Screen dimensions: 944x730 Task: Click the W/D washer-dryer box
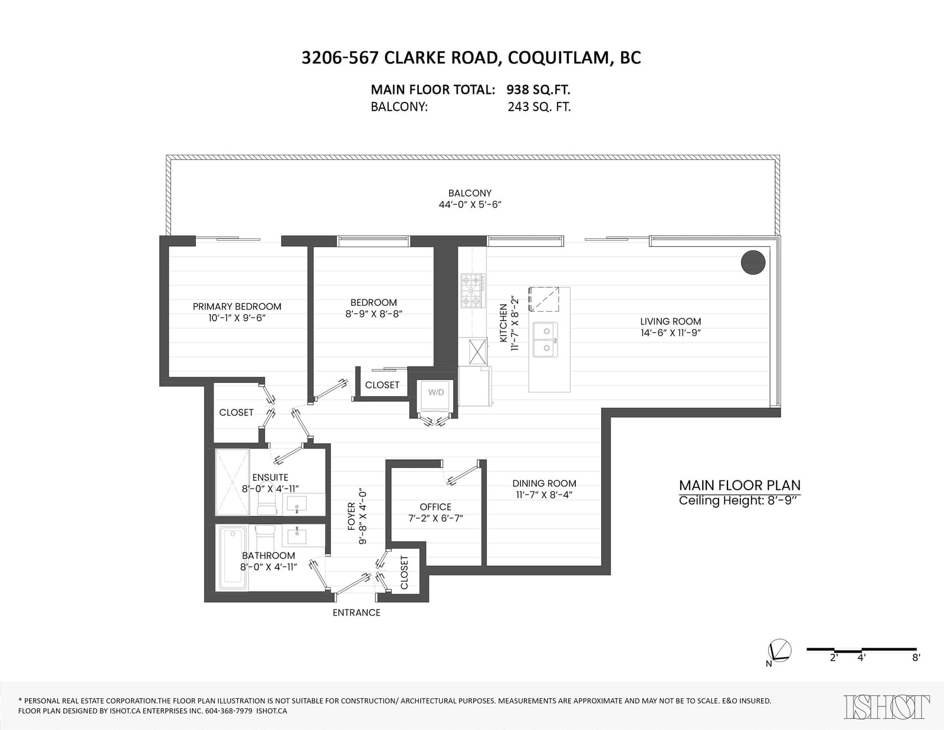click(x=436, y=396)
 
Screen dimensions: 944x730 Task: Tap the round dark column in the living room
click(x=753, y=263)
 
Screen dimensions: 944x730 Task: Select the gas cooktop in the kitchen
click(x=473, y=291)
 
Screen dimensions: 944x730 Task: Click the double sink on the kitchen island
click(x=545, y=339)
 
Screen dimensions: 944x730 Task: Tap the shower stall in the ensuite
click(x=233, y=482)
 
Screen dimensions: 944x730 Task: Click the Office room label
click(x=435, y=507)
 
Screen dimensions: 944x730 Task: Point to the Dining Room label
click(x=545, y=484)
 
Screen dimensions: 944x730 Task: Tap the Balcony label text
click(x=470, y=193)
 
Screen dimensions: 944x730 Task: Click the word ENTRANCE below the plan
click(x=357, y=613)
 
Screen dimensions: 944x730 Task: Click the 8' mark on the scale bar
click(x=916, y=658)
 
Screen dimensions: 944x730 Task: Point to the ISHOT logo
click(x=887, y=707)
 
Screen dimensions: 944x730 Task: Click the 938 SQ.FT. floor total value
click(x=538, y=90)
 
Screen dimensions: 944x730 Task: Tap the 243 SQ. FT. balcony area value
click(x=539, y=107)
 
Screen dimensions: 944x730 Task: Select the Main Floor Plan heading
click(x=739, y=485)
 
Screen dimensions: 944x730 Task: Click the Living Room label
click(x=670, y=322)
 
